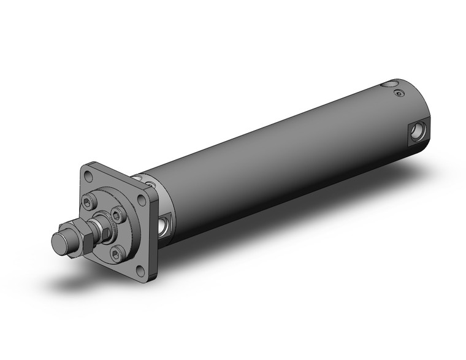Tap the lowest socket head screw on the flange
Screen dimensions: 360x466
115,251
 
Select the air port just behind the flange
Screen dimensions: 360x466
164,224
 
